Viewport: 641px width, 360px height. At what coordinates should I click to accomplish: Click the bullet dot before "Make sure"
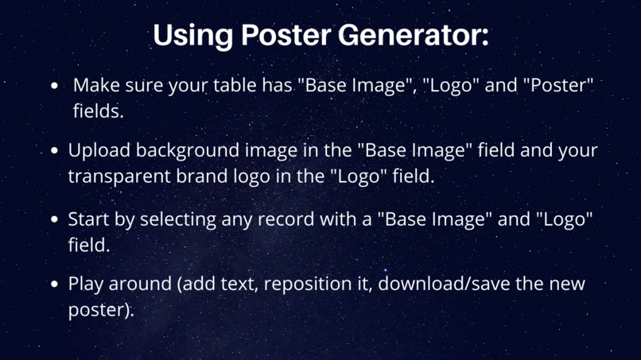click(x=54, y=85)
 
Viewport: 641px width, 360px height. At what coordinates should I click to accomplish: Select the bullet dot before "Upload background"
click(x=54, y=150)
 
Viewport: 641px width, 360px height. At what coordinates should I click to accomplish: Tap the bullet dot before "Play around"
click(x=54, y=284)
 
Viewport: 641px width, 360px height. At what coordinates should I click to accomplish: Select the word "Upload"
click(x=97, y=150)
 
